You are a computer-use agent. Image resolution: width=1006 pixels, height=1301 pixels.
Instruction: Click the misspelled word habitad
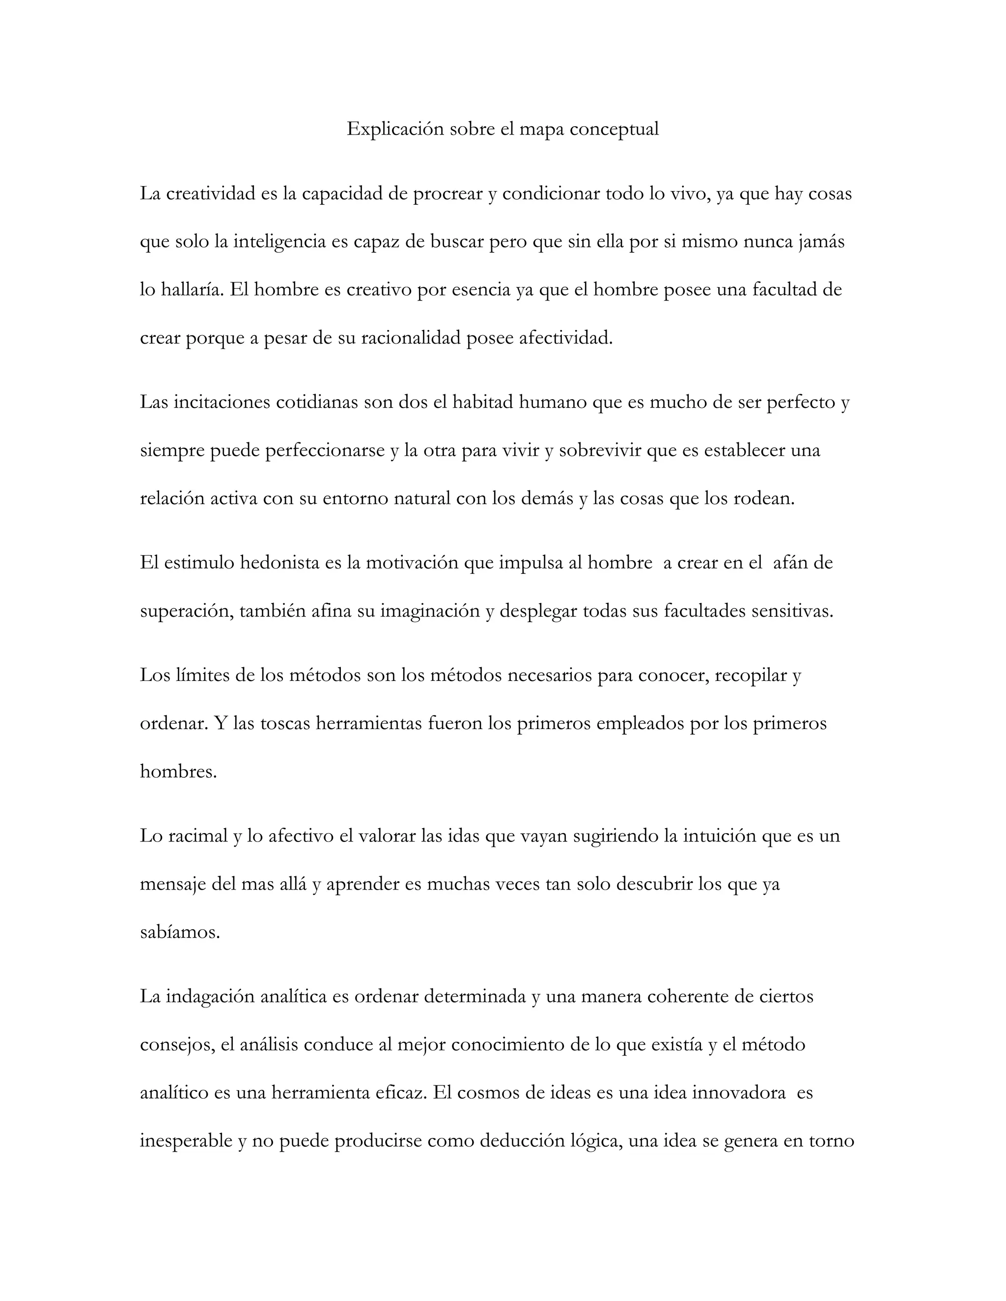pos(483,403)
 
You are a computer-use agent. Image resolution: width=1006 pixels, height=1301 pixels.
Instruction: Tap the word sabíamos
pos(180,932)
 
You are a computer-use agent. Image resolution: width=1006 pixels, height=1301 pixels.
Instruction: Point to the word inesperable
pos(186,1141)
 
